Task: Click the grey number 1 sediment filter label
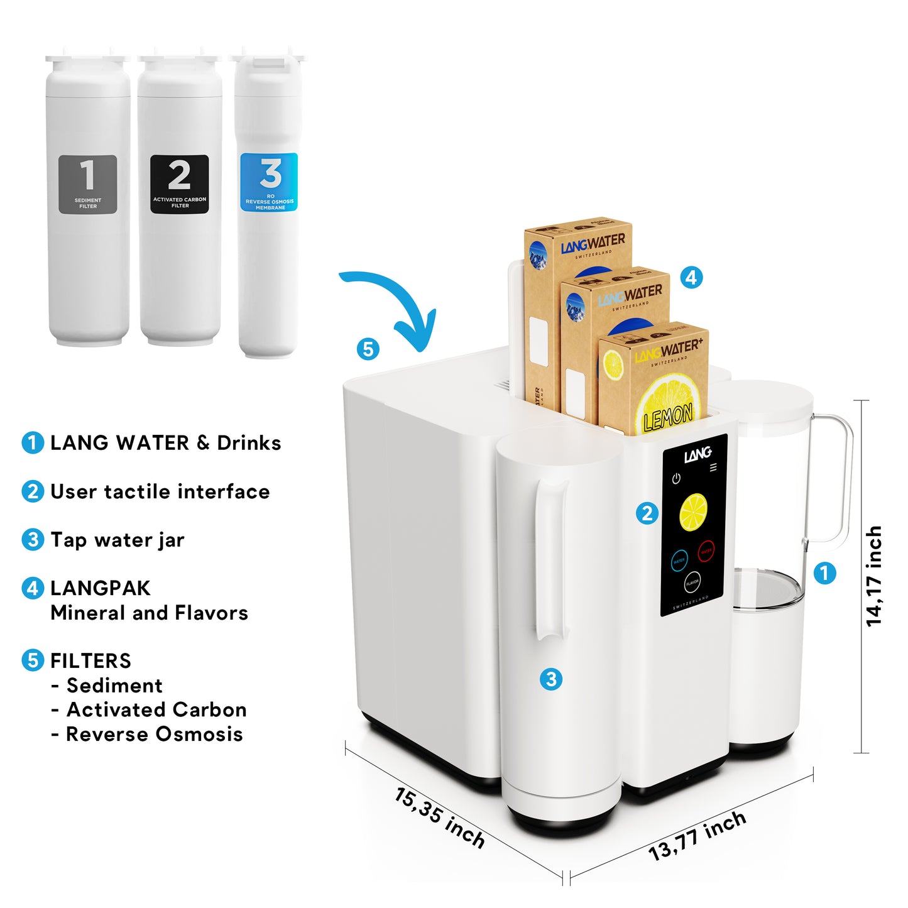tap(88, 184)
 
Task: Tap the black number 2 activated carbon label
tap(180, 184)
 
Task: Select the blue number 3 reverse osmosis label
tap(270, 182)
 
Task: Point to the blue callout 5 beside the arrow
tap(368, 349)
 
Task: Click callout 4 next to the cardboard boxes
tap(691, 277)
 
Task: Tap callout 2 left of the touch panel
tap(647, 513)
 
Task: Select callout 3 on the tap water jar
tap(551, 679)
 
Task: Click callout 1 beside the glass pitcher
tap(824, 572)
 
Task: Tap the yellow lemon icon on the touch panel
tap(694, 511)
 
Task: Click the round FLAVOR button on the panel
tap(692, 583)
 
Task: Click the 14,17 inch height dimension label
tap(874, 576)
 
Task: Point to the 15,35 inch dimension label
tap(440, 818)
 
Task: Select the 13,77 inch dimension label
tap(697, 836)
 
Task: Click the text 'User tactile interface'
tap(160, 491)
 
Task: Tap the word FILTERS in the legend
tap(90, 661)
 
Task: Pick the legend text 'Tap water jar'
tap(118, 540)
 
